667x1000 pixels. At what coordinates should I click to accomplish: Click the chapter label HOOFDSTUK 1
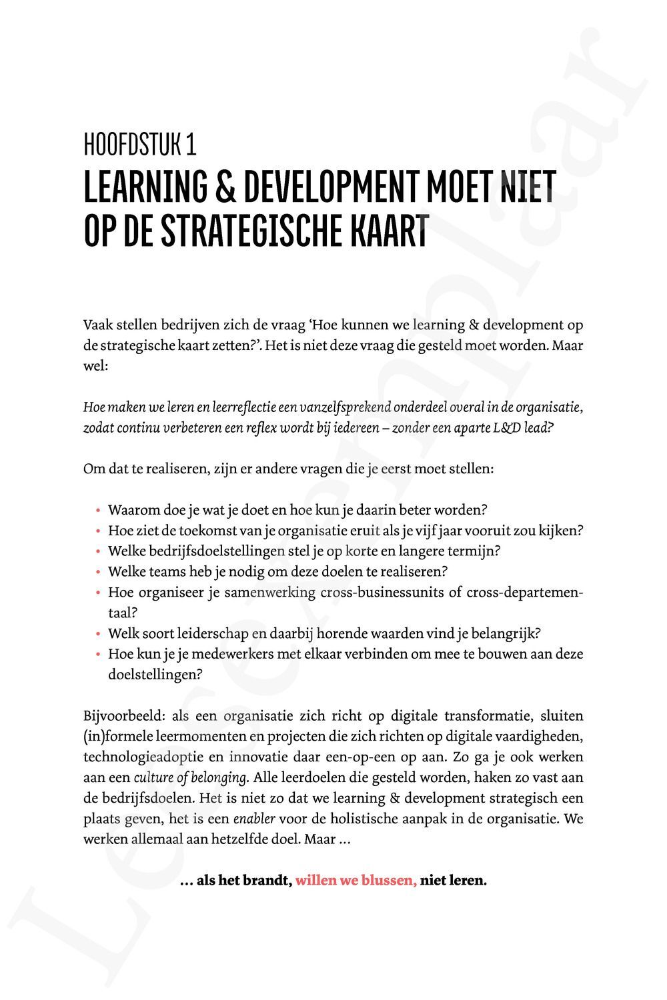tap(139, 145)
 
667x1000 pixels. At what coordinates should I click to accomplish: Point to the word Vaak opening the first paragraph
tap(97, 325)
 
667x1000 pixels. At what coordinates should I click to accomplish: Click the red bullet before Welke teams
tap(98, 573)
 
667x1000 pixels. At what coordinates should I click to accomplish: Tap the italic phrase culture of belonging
tap(191, 777)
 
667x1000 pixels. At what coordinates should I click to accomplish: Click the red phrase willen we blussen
tap(356, 881)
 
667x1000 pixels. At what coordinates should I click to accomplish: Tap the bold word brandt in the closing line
tap(265, 881)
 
